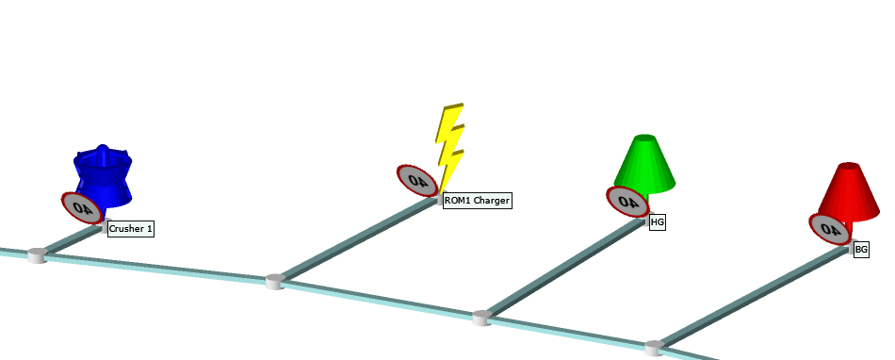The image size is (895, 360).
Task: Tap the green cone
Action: click(646, 162)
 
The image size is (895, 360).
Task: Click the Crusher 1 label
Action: click(130, 229)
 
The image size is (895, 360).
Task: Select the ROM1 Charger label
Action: click(477, 201)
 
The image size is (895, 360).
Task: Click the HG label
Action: click(658, 222)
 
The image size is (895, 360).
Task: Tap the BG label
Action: click(861, 250)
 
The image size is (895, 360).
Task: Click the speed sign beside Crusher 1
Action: click(81, 208)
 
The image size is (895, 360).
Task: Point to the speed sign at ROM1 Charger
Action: click(416, 179)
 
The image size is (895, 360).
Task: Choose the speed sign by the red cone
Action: click(829, 229)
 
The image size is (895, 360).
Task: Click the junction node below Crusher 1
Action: click(37, 254)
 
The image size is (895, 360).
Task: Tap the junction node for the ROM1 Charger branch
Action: click(274, 281)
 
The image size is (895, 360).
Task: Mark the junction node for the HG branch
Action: click(482, 318)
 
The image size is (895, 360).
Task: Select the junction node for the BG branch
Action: click(654, 348)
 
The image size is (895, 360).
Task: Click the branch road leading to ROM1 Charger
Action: click(358, 239)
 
